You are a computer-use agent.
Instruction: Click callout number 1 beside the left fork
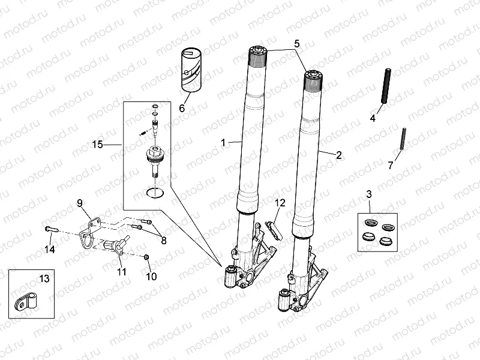click(223, 143)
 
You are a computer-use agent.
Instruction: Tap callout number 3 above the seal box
click(369, 194)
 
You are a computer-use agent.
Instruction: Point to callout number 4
click(373, 118)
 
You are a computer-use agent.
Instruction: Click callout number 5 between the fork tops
click(296, 44)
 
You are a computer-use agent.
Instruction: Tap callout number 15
click(98, 145)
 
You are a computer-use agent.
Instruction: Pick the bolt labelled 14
click(51, 229)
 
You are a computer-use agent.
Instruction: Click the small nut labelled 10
click(147, 257)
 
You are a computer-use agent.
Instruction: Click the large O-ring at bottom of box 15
click(155, 193)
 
